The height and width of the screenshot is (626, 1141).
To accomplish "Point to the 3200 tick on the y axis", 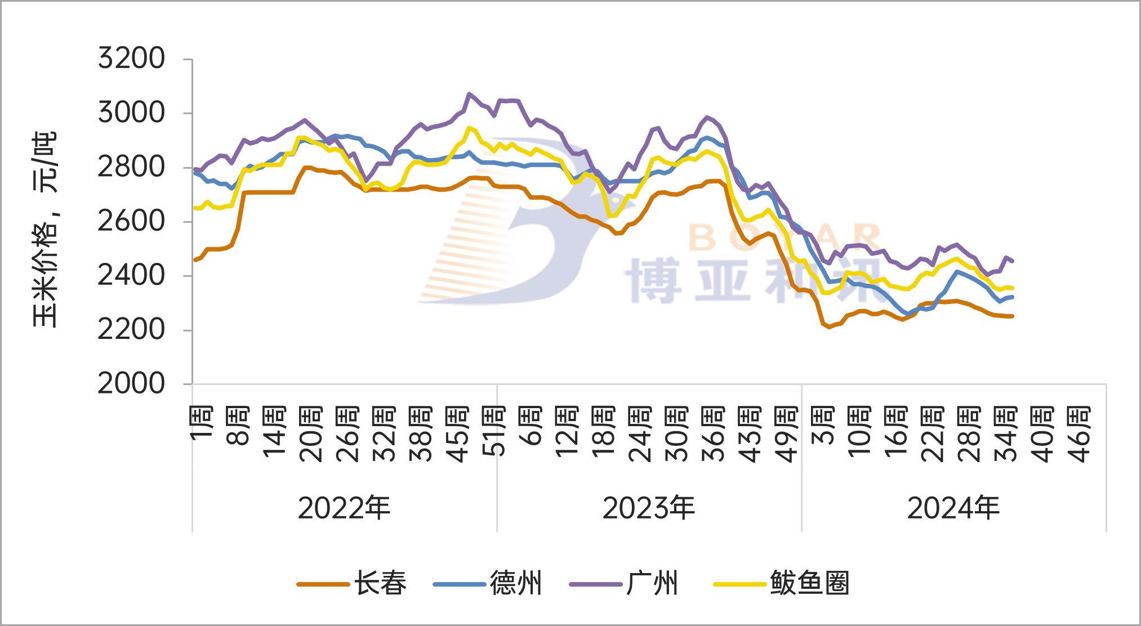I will click(x=131, y=59).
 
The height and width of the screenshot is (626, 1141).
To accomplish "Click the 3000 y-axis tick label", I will click(x=131, y=113).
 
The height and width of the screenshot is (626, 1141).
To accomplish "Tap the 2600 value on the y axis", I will click(x=131, y=221).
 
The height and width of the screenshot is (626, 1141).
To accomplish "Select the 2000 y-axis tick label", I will click(x=131, y=384).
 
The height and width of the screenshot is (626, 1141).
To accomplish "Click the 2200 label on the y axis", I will click(x=131, y=330).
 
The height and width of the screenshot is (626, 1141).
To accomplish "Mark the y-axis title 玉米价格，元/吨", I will click(x=45, y=230).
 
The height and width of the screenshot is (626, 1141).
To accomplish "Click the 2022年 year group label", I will click(x=344, y=508).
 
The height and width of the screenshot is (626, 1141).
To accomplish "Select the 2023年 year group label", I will click(x=649, y=508).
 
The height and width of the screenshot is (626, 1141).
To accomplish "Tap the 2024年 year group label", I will click(x=953, y=508).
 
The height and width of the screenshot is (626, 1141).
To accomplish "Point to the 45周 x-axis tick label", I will click(x=457, y=433).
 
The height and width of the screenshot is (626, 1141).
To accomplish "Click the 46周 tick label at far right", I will click(x=1079, y=433).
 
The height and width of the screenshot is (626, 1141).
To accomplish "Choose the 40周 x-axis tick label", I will click(x=1042, y=433).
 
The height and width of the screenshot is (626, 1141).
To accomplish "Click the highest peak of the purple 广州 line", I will click(x=469, y=94).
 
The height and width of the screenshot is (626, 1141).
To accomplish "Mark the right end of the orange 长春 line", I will click(x=1012, y=316).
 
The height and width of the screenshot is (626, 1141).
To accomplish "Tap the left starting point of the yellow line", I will click(x=195, y=208).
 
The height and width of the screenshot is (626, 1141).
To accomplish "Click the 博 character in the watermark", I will click(x=653, y=281).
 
